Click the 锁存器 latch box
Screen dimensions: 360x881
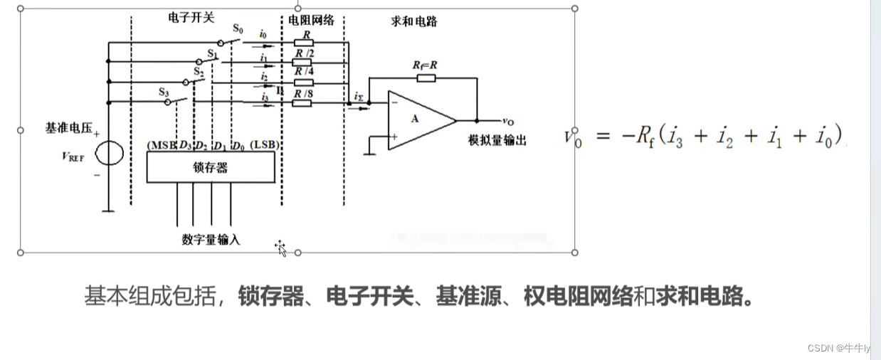pyautogui.click(x=210, y=167)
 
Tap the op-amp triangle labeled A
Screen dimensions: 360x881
pyautogui.click(x=416, y=120)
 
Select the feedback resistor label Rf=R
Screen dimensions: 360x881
pyautogui.click(x=425, y=65)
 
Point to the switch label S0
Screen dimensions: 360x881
pyautogui.click(x=238, y=30)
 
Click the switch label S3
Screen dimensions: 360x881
pyautogui.click(x=164, y=92)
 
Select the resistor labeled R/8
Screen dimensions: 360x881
pyautogui.click(x=302, y=103)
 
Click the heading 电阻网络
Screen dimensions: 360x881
pyautogui.click(x=311, y=21)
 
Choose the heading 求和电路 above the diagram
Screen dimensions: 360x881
pyautogui.click(x=413, y=21)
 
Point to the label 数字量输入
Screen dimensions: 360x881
pyautogui.click(x=211, y=240)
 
